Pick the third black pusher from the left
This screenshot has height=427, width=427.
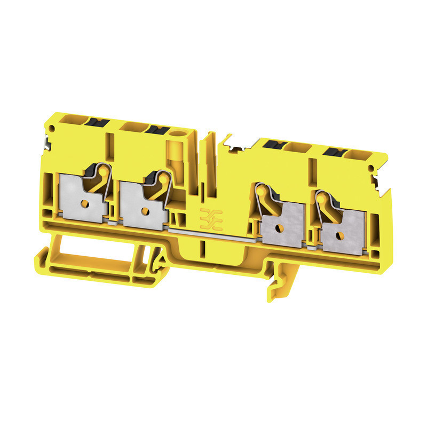point(273,144)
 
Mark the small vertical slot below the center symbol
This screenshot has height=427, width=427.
point(203,249)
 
